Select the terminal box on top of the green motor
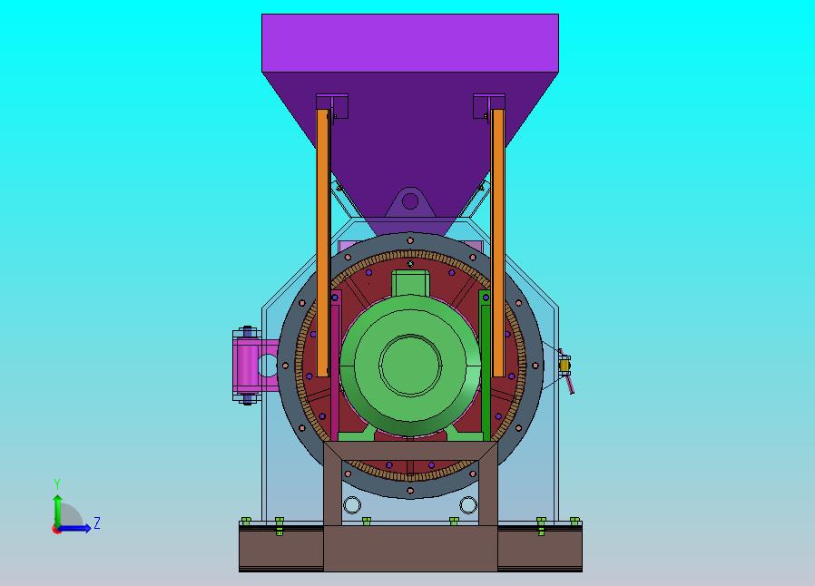tap(410, 283)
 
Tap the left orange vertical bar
tap(323, 242)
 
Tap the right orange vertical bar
tap(498, 242)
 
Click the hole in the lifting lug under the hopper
tap(410, 201)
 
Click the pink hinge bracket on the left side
tap(246, 365)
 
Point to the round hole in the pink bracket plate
tap(269, 366)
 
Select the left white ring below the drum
tap(352, 504)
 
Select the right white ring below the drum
tap(467, 504)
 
